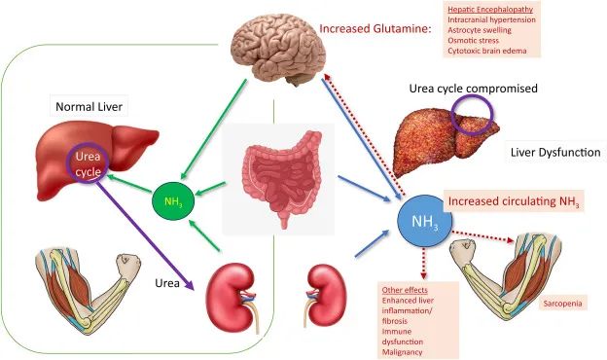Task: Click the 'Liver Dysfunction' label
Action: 555,153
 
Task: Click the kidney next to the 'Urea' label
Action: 233,288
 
